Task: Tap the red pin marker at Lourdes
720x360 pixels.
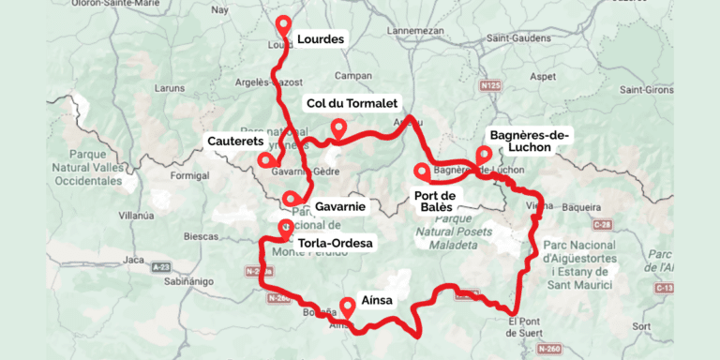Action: pyautogui.click(x=283, y=25)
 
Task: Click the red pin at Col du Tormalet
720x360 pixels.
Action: pyautogui.click(x=338, y=127)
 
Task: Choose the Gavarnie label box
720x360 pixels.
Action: pyautogui.click(x=338, y=204)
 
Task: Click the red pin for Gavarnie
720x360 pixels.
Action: pyautogui.click(x=292, y=198)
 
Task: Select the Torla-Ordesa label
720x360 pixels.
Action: pyautogui.click(x=334, y=244)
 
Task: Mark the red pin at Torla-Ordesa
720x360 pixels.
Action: pyautogui.click(x=285, y=226)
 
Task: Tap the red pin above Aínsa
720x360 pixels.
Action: pyautogui.click(x=348, y=305)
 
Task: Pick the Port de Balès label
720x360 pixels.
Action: pyautogui.click(x=433, y=201)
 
